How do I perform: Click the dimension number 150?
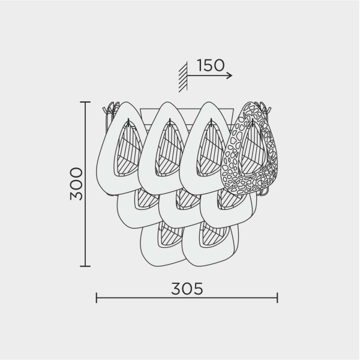(x=211, y=65)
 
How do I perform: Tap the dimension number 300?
(x=76, y=184)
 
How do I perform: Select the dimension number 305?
(x=187, y=289)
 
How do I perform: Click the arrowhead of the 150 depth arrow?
(x=230, y=76)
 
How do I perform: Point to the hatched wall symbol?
(x=183, y=77)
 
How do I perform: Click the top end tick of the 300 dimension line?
(x=85, y=102)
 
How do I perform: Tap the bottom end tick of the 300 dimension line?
(x=85, y=266)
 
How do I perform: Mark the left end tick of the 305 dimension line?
(x=97, y=298)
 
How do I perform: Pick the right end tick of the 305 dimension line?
(x=277, y=298)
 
